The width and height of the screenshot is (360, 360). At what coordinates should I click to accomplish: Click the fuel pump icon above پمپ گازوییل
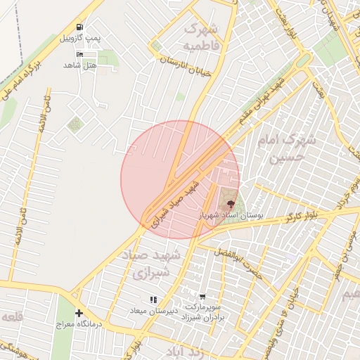pyautogui.click(x=79, y=27)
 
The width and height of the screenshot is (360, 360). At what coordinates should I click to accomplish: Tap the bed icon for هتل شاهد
pyautogui.click(x=79, y=55)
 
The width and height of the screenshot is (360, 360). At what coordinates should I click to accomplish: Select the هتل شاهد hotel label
pyautogui.click(x=79, y=65)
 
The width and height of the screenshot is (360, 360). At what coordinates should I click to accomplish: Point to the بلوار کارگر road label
pyautogui.click(x=303, y=214)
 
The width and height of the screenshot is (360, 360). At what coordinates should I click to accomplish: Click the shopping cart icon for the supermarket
pyautogui.click(x=203, y=297)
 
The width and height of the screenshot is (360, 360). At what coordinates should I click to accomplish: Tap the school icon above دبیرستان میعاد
pyautogui.click(x=153, y=300)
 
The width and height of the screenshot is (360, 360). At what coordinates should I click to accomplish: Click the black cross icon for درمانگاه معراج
pyautogui.click(x=79, y=313)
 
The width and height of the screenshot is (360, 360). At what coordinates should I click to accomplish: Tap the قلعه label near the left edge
pyautogui.click(x=12, y=317)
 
